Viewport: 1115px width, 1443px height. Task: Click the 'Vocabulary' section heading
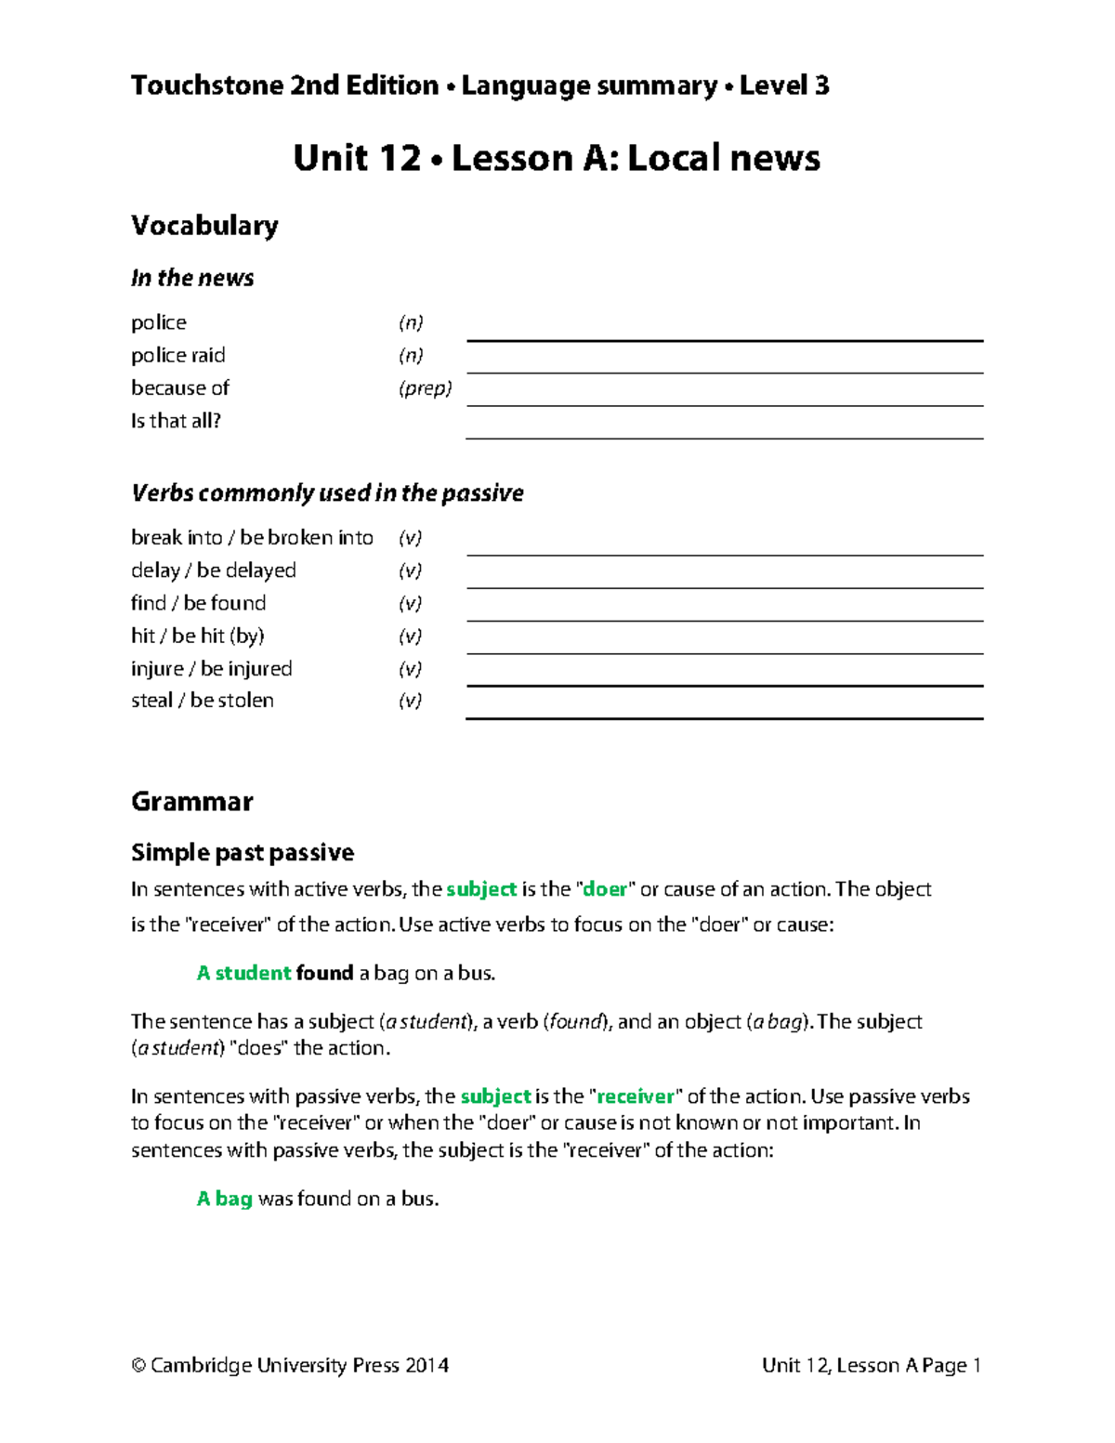coord(204,226)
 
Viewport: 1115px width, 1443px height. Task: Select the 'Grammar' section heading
coord(191,802)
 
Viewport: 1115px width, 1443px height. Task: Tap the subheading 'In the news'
coord(192,278)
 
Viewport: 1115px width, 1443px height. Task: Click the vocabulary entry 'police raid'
coord(177,356)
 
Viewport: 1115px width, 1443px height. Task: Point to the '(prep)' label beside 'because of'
coord(425,388)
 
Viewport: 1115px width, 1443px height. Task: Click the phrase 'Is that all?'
coord(176,421)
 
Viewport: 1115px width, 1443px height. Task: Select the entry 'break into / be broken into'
coord(252,538)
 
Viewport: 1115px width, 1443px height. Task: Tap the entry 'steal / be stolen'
coord(203,701)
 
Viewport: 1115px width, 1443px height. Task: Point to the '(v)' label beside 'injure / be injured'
coord(410,669)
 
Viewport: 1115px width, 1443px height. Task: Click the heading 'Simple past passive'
coord(243,852)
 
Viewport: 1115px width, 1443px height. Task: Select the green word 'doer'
coord(605,889)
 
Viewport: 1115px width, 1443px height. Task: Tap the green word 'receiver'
coord(636,1096)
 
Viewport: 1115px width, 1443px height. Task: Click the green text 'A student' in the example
coord(243,973)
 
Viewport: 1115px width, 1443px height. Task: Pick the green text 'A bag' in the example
coord(224,1199)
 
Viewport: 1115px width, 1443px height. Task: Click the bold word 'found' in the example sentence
coord(324,973)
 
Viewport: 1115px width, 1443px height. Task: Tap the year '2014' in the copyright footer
coord(426,1365)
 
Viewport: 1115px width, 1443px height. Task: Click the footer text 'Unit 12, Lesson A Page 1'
coord(871,1365)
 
